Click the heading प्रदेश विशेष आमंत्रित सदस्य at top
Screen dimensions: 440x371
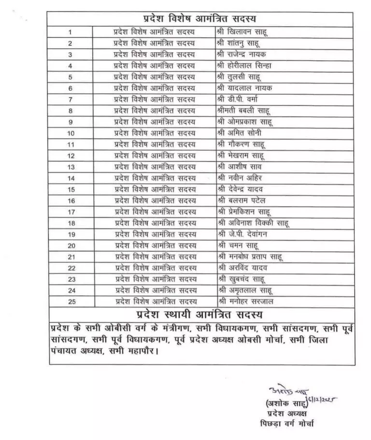[x=206, y=19]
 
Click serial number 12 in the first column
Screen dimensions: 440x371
[x=71, y=156]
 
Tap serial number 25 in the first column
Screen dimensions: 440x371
[x=72, y=302]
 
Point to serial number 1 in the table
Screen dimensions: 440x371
[x=71, y=32]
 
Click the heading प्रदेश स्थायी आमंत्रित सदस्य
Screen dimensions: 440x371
[x=199, y=314]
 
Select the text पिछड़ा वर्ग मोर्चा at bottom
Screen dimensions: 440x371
[x=286, y=423]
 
